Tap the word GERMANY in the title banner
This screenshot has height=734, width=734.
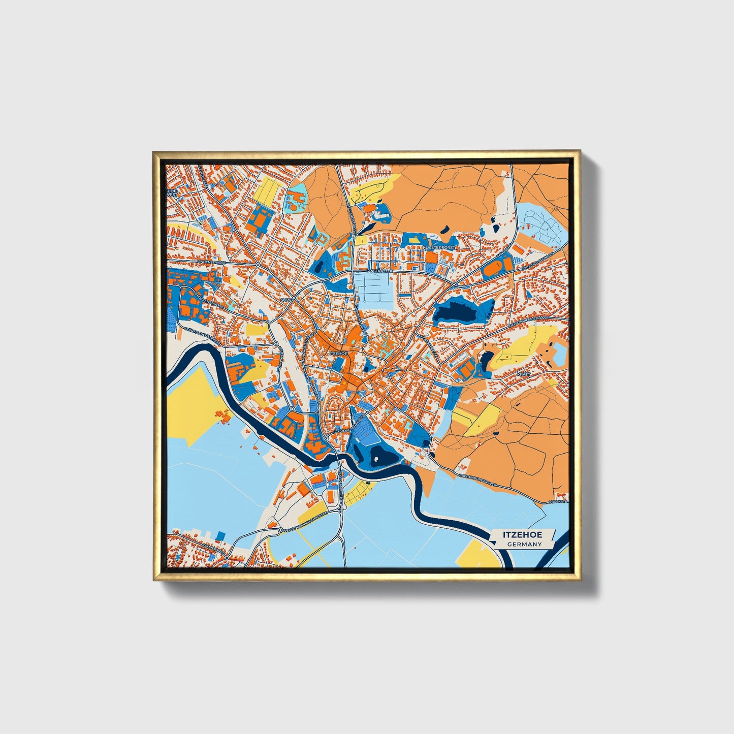click(524, 545)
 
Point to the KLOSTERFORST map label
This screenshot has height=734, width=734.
click(440, 247)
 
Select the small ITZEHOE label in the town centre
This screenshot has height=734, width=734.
click(338, 353)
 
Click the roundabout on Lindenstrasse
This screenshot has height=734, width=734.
click(258, 265)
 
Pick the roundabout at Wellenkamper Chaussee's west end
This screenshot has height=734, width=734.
click(280, 530)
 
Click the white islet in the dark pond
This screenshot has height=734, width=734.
click(376, 459)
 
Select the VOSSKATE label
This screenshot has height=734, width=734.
click(558, 502)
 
